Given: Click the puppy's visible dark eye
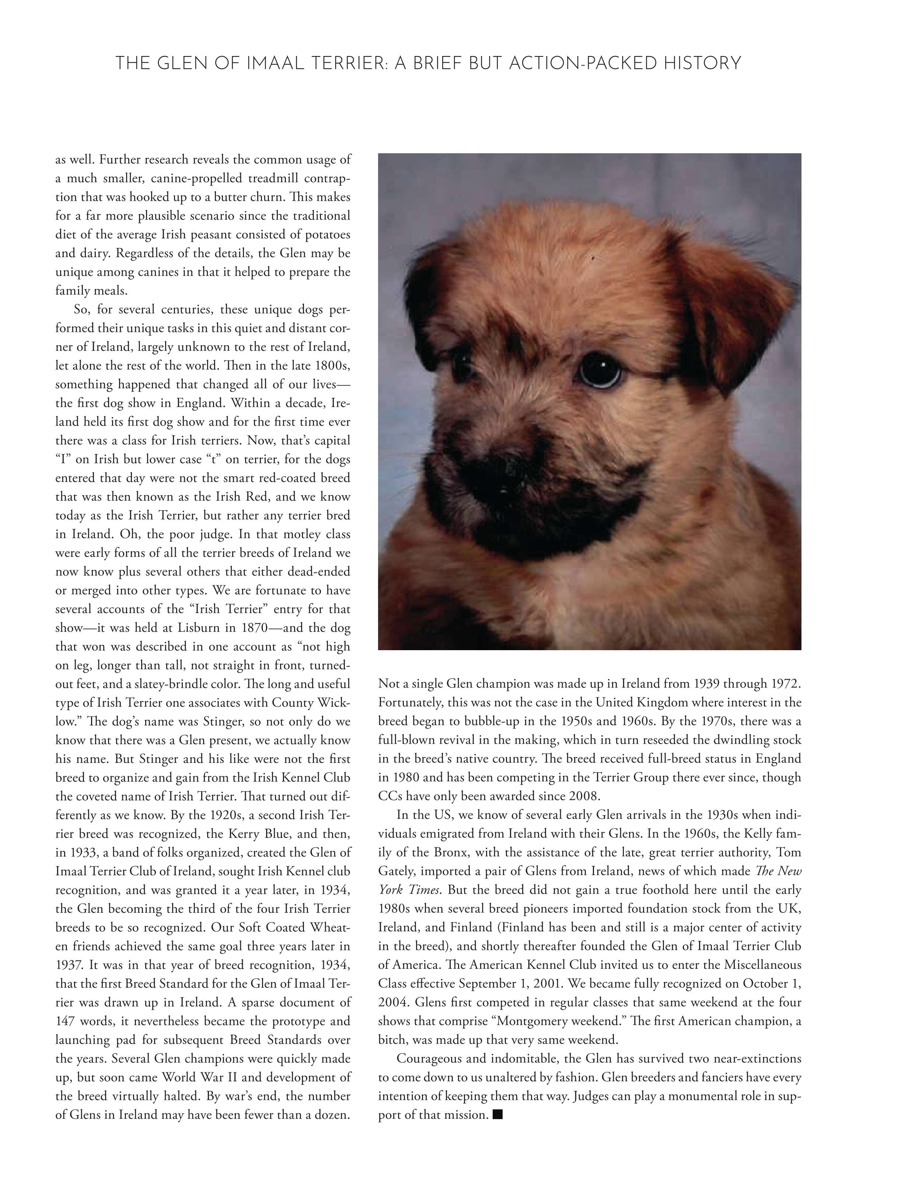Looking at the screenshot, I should [x=599, y=370].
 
